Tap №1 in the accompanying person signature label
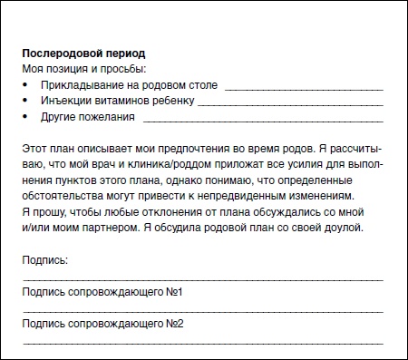[175, 293]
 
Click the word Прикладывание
[83, 85]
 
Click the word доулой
[344, 227]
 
